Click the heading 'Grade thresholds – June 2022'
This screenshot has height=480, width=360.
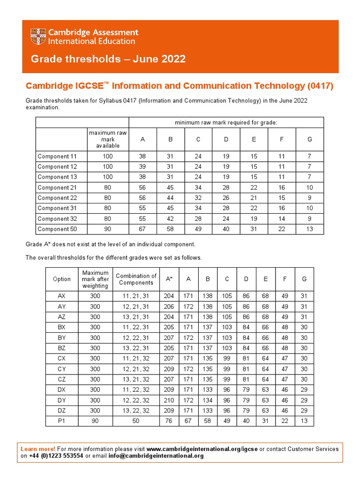108,59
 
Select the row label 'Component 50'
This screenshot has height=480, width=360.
57,229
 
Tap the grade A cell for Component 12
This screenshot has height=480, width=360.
142,167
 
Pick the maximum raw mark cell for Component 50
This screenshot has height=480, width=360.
108,229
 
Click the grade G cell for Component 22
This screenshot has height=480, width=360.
309,198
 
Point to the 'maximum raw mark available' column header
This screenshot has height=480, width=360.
108,139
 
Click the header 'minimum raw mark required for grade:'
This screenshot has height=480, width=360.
226,122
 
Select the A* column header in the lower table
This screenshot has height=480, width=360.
169,279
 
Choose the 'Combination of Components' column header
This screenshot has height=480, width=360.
136,279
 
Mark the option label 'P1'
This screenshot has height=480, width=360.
62,421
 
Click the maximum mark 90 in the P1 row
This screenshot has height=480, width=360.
95,421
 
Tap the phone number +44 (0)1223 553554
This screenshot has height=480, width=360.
56,456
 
